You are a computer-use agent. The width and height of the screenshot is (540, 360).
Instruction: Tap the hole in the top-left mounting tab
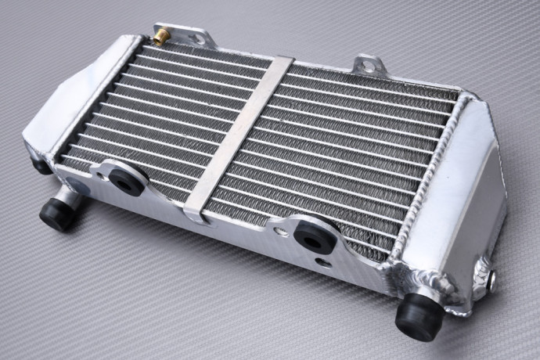tap(189, 34)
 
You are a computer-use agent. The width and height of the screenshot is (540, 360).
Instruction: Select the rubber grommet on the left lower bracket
tap(124, 179)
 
